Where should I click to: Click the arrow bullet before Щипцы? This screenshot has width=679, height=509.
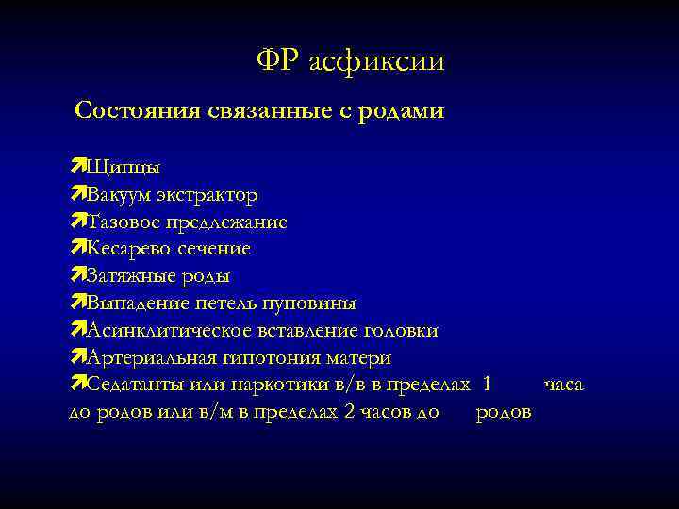[x=77, y=168]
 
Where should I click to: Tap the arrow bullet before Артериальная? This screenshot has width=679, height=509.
[x=77, y=358]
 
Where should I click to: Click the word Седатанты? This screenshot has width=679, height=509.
[x=131, y=385]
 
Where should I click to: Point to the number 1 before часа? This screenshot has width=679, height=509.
[x=486, y=385]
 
